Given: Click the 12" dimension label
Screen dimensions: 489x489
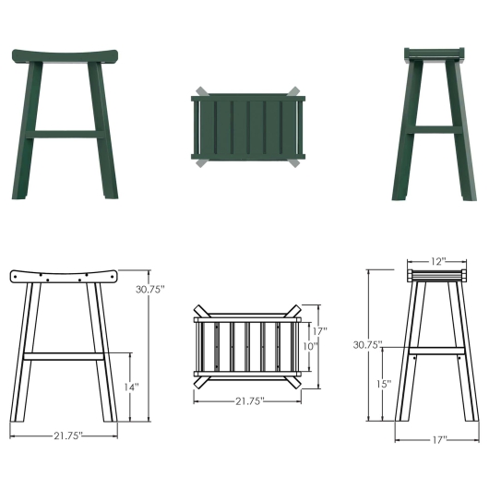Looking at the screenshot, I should click(x=436, y=261).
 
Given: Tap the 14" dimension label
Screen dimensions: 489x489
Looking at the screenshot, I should click(x=132, y=387).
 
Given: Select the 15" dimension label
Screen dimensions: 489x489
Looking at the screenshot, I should click(x=384, y=383).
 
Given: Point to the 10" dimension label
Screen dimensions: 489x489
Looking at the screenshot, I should click(x=310, y=347).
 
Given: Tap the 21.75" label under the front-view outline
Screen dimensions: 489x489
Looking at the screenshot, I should click(x=67, y=435).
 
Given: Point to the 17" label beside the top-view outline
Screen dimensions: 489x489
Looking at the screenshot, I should click(x=319, y=329).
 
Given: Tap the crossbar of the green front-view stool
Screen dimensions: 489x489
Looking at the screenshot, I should click(x=67, y=135).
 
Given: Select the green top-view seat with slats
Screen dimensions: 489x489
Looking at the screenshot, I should click(x=246, y=128).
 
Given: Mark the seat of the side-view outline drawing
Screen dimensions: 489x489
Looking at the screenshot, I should click(x=435, y=274).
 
